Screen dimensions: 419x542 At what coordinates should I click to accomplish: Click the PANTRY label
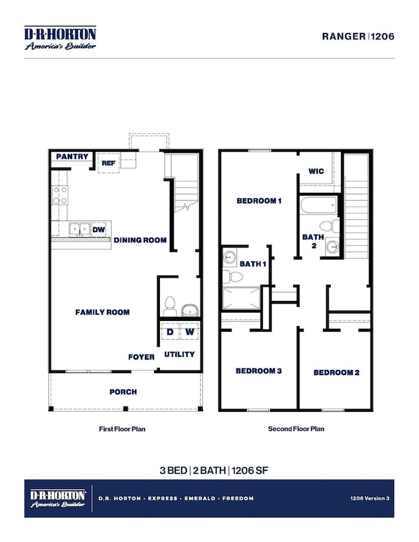tap(72, 157)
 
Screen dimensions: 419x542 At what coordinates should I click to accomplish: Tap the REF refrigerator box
tap(108, 163)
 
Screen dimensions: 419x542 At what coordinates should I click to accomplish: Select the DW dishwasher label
tap(99, 229)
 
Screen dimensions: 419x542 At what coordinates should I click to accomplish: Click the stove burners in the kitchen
tap(60, 195)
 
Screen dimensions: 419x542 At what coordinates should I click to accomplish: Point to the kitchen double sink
tap(80, 229)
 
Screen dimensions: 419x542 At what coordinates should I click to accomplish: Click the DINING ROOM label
tap(140, 240)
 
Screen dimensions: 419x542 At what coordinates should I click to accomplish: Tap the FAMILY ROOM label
tap(102, 312)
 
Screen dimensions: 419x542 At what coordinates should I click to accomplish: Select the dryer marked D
tap(170, 331)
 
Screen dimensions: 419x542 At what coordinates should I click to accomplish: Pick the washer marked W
tap(190, 331)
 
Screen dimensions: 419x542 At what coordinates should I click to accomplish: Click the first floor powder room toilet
tap(170, 306)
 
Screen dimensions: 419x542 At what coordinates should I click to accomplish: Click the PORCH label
tap(123, 392)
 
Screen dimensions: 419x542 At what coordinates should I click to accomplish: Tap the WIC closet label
tap(316, 171)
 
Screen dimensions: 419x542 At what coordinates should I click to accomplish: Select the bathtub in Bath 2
tap(318, 206)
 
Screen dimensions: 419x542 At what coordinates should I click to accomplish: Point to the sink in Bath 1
tap(229, 257)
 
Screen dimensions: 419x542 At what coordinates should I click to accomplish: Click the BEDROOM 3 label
tap(258, 371)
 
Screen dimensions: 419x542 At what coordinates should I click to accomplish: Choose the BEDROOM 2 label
tap(336, 373)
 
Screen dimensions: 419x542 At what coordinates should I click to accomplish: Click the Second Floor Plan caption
tap(296, 429)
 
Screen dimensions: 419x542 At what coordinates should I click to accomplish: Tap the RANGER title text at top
tap(344, 36)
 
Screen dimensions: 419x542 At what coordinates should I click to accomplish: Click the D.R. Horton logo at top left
tap(60, 38)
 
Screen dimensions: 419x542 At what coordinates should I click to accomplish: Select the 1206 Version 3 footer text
tap(369, 498)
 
